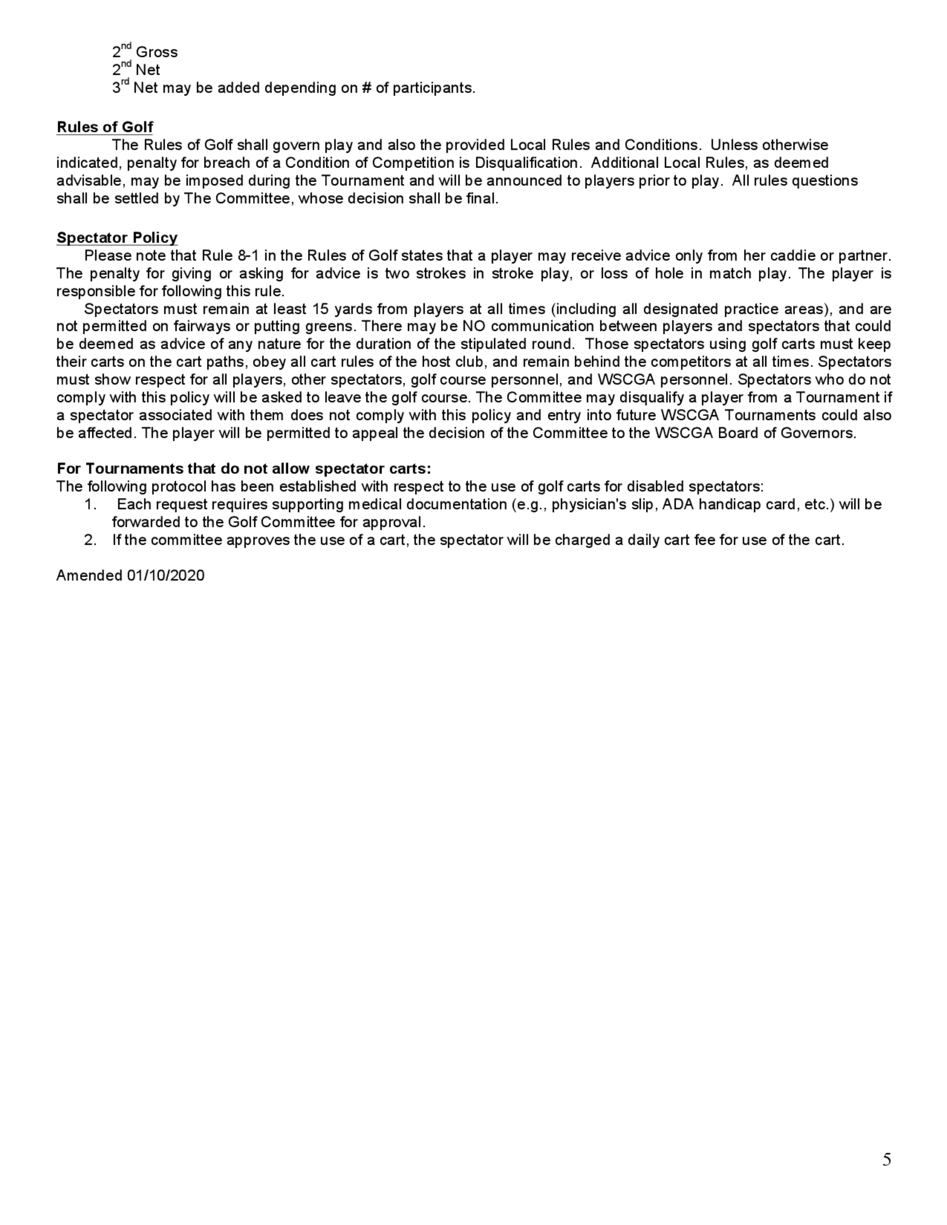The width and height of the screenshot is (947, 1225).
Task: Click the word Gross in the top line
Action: click(157, 52)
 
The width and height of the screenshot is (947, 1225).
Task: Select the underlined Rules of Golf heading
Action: click(105, 127)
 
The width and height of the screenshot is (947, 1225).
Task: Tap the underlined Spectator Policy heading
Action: click(116, 238)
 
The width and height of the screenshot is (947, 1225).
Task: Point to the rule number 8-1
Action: click(249, 256)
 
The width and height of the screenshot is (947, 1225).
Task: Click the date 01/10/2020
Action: click(166, 576)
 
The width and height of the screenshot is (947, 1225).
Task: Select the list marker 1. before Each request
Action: click(90, 504)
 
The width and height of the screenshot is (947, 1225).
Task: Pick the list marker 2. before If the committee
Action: click(90, 540)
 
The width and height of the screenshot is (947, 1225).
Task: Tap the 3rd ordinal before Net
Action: click(120, 87)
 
